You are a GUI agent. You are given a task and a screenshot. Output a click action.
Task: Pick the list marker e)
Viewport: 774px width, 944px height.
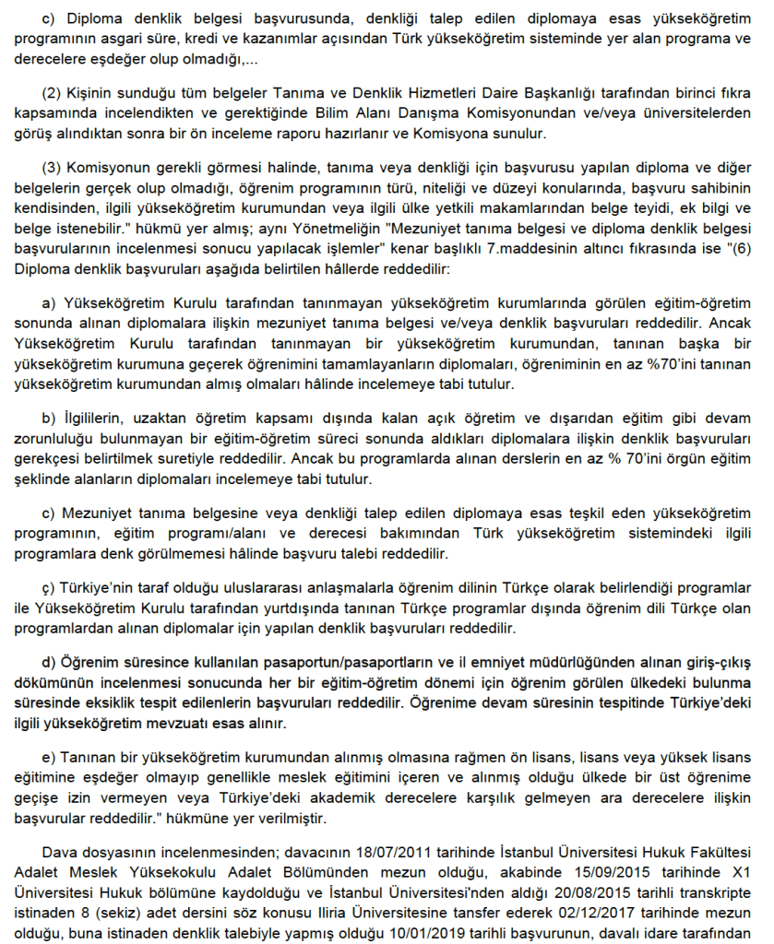coord(49,755)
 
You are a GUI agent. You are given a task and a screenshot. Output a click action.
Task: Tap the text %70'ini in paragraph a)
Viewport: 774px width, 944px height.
coord(650,366)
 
